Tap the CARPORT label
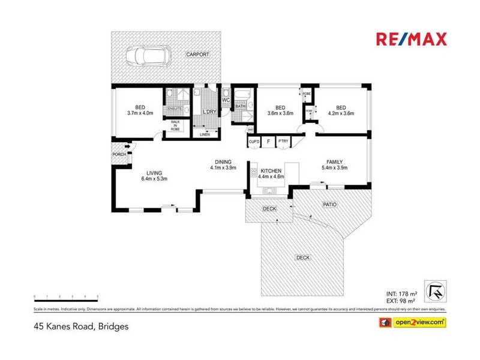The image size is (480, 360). pyautogui.click(x=197, y=55)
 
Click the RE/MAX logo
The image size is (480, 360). pyautogui.click(x=411, y=40)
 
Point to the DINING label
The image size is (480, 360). pyautogui.click(x=223, y=161)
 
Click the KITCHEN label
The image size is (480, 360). pyautogui.click(x=270, y=171)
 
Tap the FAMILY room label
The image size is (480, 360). pyautogui.click(x=334, y=162)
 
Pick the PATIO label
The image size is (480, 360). pyautogui.click(x=330, y=205)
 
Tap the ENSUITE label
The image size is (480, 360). pyautogui.click(x=175, y=109)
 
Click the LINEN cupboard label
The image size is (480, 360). pyautogui.click(x=205, y=134)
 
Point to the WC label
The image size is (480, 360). pyautogui.click(x=226, y=100)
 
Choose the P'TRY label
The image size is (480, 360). pyautogui.click(x=283, y=142)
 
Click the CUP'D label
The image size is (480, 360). pyautogui.click(x=254, y=142)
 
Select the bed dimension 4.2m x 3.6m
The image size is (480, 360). pyautogui.click(x=341, y=113)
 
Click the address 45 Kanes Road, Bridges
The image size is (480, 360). pyautogui.click(x=80, y=326)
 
